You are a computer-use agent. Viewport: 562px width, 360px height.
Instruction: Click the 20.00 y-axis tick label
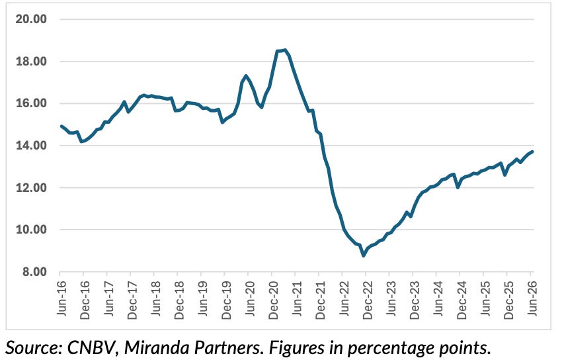coord(31,19)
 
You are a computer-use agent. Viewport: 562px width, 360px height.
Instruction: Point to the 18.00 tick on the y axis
coord(31,62)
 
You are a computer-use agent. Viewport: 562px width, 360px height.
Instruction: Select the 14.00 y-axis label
coord(31,146)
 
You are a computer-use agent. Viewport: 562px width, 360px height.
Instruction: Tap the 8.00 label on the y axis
coord(35,272)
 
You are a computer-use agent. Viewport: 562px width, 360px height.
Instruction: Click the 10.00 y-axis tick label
coord(31,230)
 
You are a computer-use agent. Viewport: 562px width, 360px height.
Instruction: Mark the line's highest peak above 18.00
coord(285,50)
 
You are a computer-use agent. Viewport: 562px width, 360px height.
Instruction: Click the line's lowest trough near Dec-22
coord(364,255)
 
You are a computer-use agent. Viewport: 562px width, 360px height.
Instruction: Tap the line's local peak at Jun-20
coord(246,75)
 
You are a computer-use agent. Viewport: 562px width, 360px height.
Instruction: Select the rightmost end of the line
coord(533,152)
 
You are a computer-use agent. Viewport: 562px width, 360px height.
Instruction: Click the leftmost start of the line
coord(61,126)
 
